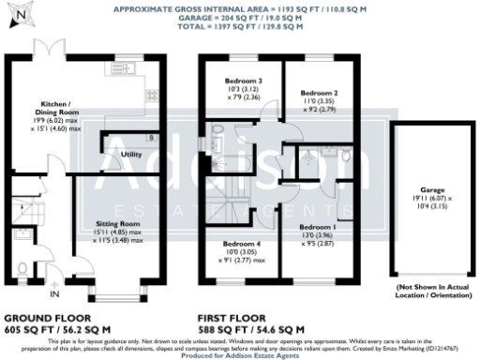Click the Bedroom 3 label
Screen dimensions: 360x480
[x=243, y=82]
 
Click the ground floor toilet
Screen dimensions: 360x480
[x=22, y=269]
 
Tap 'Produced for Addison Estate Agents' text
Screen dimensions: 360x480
[x=240, y=354]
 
